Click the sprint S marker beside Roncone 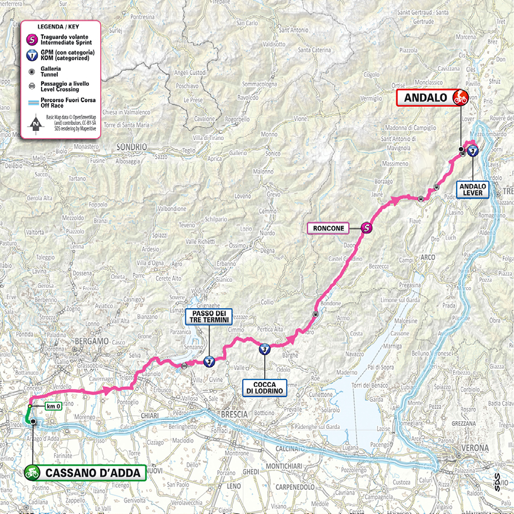pos(366,228)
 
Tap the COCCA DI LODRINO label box pos(264,387)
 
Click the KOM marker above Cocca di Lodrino pos(264,349)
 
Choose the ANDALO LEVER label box pos(472,189)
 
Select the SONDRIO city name pos(129,147)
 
